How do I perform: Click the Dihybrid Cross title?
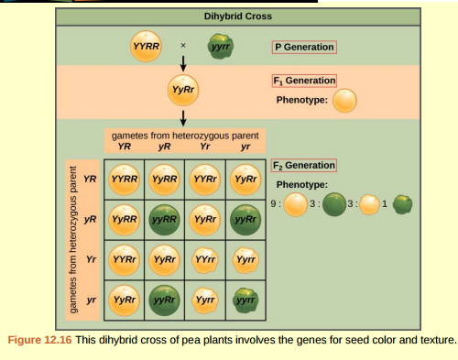[228, 16]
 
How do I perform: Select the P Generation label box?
[304, 48]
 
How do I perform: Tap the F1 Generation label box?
[305, 81]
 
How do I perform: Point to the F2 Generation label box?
[305, 165]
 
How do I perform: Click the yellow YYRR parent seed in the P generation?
[147, 48]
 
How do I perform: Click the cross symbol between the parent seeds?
[182, 44]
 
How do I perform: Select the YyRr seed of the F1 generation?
[184, 90]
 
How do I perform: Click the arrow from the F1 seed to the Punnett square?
[184, 115]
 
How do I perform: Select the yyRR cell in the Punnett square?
[164, 221]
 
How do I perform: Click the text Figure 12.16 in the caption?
[37, 341]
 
